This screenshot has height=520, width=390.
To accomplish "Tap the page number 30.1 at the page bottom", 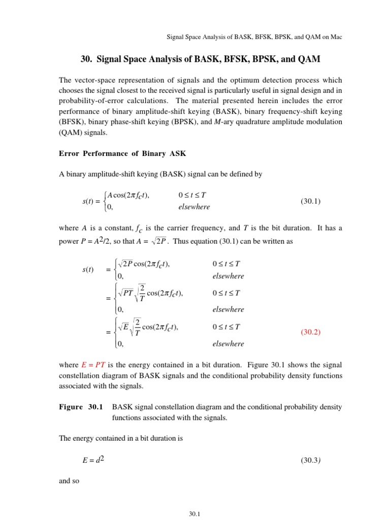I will pyautogui.click(x=196, y=514).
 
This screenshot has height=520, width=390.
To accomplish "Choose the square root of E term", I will pyautogui.click(x=123, y=328).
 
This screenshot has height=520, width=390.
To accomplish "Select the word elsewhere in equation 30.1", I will pyautogui.click(x=194, y=207).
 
